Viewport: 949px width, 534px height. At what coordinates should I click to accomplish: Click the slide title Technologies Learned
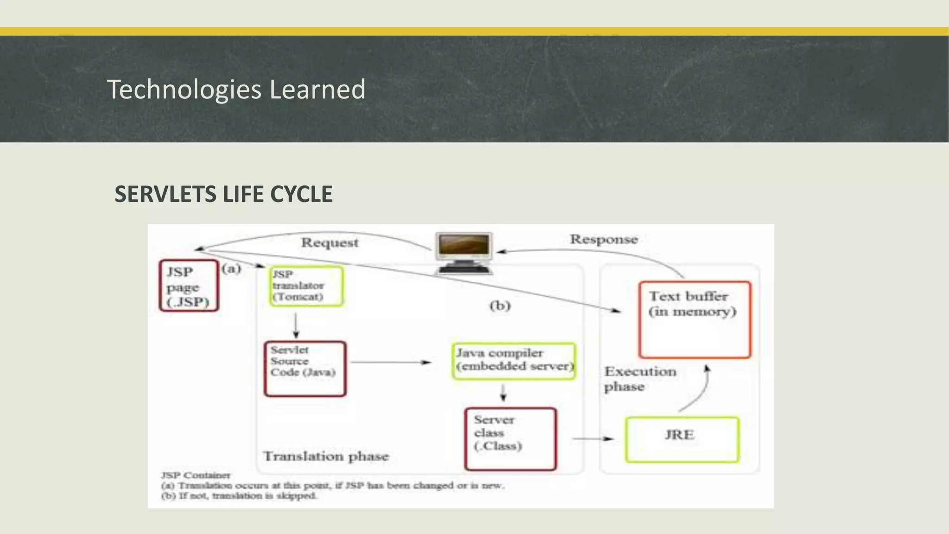click(x=236, y=89)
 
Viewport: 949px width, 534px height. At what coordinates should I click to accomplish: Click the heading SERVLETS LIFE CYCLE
click(x=223, y=194)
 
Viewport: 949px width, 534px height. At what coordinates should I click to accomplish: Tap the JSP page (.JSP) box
click(x=189, y=286)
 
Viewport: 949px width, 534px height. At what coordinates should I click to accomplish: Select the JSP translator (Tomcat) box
click(x=306, y=286)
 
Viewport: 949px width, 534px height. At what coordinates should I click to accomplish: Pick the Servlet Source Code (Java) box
click(x=305, y=369)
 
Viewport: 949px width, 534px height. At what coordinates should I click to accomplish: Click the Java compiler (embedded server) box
click(x=513, y=361)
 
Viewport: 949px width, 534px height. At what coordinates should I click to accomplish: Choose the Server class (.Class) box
click(x=510, y=439)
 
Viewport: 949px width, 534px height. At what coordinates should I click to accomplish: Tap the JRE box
click(x=682, y=439)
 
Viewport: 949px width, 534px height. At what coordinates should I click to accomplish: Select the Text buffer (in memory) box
click(x=694, y=319)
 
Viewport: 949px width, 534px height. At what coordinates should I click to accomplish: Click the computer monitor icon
click(x=464, y=252)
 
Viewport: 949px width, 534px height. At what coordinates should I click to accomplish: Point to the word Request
click(x=329, y=242)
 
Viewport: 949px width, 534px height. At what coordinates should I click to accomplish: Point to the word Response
click(x=603, y=239)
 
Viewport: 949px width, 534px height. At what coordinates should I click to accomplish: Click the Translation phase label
click(x=326, y=456)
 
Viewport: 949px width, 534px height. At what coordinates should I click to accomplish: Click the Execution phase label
click(x=639, y=379)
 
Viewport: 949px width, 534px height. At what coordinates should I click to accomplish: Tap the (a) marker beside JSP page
click(x=231, y=269)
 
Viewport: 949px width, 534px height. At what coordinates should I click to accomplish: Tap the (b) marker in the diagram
click(x=500, y=306)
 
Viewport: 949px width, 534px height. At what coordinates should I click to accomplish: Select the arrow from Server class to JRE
click(x=593, y=439)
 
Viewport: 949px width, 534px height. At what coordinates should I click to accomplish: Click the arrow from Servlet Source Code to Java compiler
click(x=390, y=362)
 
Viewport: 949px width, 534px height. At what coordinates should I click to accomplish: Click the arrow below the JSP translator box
click(x=296, y=325)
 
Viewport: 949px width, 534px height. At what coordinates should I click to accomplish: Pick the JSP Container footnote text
click(x=195, y=475)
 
